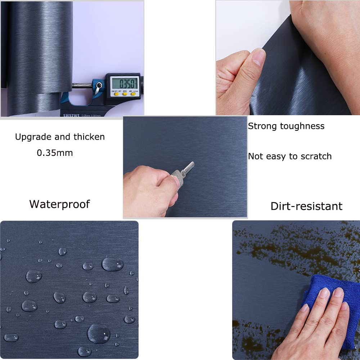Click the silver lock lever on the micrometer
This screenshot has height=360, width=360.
tap(98, 88)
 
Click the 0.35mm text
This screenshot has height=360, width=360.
tap(55, 153)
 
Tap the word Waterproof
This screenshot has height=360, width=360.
tap(59, 204)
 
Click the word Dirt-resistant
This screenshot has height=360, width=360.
tap(306, 206)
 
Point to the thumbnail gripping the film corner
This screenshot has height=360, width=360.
tap(258, 58)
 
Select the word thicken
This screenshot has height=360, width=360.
tap(89, 137)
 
